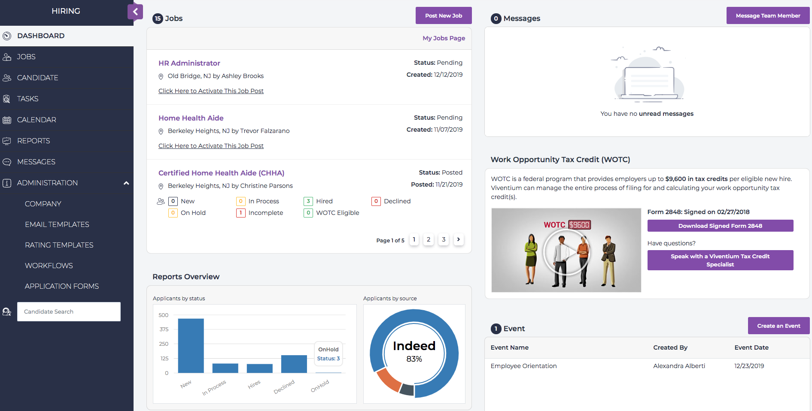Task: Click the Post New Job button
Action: [x=444, y=16]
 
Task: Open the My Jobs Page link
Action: [x=444, y=38]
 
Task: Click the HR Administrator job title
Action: [x=189, y=63]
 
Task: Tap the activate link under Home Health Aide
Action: [x=211, y=146]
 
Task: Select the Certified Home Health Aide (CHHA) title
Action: [x=221, y=173]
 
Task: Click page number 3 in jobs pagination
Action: [x=444, y=239]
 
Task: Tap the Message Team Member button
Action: [x=768, y=16]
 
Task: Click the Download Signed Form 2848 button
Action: [x=720, y=226]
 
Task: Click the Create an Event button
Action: [x=779, y=326]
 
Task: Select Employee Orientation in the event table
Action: [x=523, y=366]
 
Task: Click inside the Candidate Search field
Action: [x=69, y=311]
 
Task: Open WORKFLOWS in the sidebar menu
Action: [x=49, y=266]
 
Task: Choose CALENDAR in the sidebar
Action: [x=36, y=120]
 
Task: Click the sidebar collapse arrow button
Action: [x=135, y=12]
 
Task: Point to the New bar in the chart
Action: [x=191, y=345]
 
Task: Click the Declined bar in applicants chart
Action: [x=294, y=364]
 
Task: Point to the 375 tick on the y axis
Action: [x=164, y=329]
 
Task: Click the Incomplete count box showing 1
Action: [x=240, y=213]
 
